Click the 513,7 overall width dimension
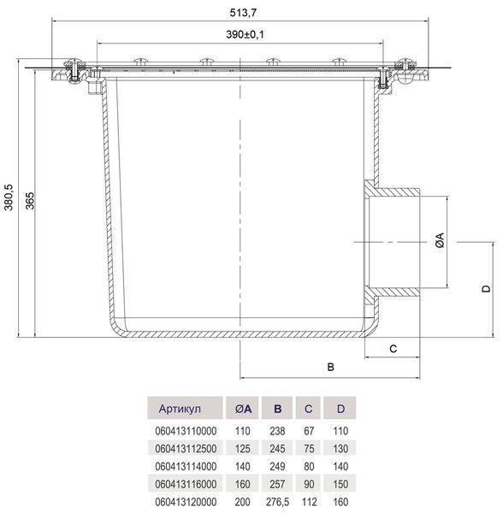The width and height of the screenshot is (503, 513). pyautogui.click(x=243, y=13)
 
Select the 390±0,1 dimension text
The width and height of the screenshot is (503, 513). pyautogui.click(x=245, y=34)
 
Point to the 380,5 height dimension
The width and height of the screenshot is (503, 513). pyautogui.click(x=9, y=197)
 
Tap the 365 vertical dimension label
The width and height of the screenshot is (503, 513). pyautogui.click(x=30, y=201)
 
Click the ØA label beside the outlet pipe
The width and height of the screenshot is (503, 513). pyautogui.click(x=441, y=240)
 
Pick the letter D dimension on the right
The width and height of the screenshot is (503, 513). pyautogui.click(x=487, y=289)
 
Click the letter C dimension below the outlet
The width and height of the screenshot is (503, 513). pyautogui.click(x=393, y=349)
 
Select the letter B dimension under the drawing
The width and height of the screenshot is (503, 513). pyautogui.click(x=330, y=367)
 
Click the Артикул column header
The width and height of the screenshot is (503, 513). pyautogui.click(x=180, y=409)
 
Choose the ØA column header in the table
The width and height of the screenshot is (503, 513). pyautogui.click(x=243, y=409)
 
